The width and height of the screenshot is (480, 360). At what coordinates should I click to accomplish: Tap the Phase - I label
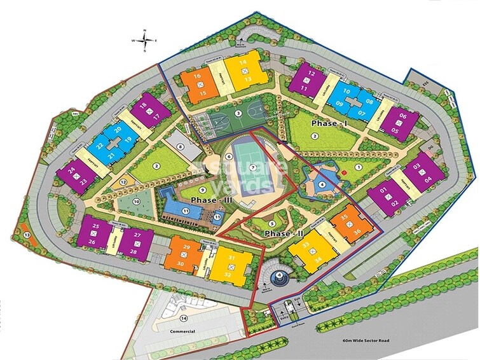pyautogui.click(x=328, y=122)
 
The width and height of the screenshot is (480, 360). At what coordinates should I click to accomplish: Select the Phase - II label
pyautogui.click(x=280, y=233)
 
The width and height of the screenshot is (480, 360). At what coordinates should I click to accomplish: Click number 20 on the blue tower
pyautogui.click(x=118, y=130)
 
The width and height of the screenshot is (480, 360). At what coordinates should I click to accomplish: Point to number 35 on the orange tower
pyautogui.click(x=344, y=218)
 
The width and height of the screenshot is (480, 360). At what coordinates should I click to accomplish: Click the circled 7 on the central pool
pyautogui.click(x=252, y=167)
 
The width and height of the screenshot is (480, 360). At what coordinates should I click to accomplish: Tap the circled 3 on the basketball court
pyautogui.click(x=238, y=113)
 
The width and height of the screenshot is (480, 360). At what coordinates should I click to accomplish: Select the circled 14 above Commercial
pyautogui.click(x=183, y=317)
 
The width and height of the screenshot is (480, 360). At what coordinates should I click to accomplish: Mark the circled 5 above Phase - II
pyautogui.click(x=271, y=223)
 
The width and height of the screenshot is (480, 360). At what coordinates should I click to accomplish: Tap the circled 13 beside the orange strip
pyautogui.click(x=27, y=235)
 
